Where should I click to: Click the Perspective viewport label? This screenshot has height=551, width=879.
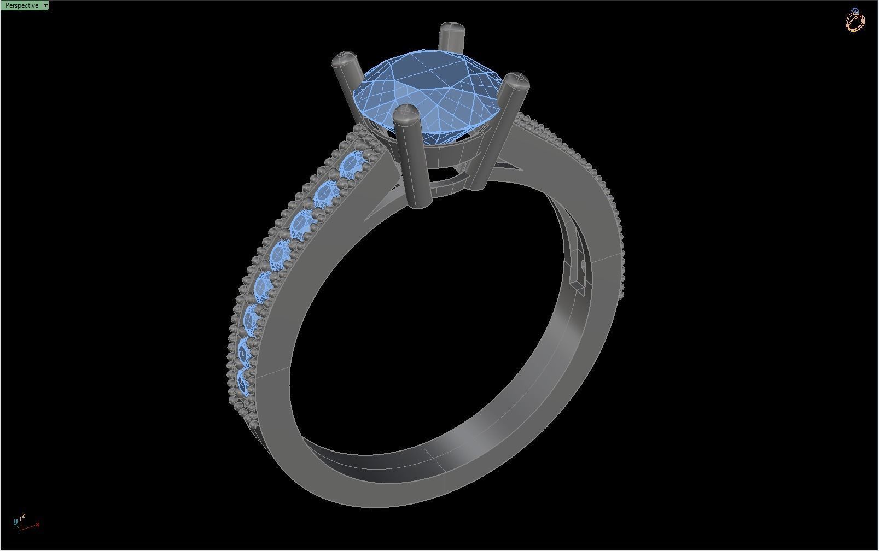[x=21, y=5]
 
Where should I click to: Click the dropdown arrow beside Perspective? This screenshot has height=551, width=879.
[x=45, y=5]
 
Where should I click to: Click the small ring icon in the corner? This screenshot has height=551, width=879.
[x=855, y=20]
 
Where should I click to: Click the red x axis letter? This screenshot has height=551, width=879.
[x=38, y=525]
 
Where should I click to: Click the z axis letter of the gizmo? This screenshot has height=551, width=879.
[x=24, y=515]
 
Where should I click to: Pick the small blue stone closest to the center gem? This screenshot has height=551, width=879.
[x=352, y=165]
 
